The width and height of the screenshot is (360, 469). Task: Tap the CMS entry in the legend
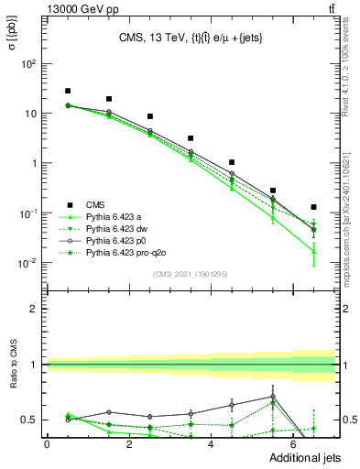point(95,203)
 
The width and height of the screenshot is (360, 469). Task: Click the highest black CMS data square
point(68,91)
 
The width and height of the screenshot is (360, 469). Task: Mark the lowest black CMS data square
point(314,207)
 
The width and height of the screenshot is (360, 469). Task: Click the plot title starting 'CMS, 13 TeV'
point(191,38)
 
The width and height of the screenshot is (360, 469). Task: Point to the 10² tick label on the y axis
point(29,64)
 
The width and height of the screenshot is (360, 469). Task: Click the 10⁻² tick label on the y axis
point(28,263)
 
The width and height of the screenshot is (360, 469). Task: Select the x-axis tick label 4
point(212,443)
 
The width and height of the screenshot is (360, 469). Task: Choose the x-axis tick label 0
point(47,443)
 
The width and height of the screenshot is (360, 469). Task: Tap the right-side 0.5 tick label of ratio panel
point(349,420)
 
